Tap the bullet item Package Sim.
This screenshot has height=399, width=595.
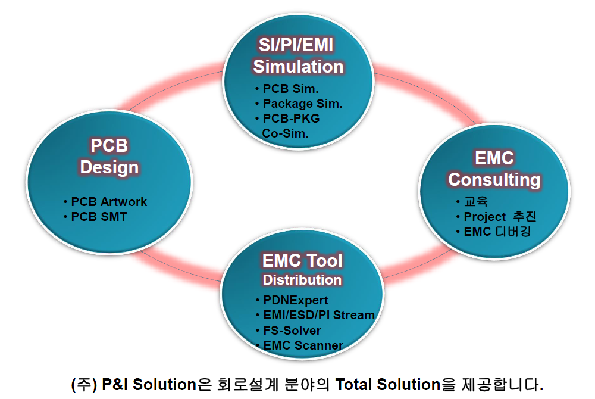(302, 104)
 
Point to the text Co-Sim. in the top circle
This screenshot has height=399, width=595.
(285, 133)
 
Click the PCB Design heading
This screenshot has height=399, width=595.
(109, 157)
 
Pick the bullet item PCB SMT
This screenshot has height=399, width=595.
(99, 217)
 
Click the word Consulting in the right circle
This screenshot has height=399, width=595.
(494, 179)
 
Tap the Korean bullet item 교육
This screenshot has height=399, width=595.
(476, 202)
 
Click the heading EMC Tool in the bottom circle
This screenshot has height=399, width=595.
(302, 261)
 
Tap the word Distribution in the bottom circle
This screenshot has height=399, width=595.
(302, 279)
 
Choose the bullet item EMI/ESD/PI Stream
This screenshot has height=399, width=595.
(319, 315)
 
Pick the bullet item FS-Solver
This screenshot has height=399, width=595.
(292, 331)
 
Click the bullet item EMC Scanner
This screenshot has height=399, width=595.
(303, 345)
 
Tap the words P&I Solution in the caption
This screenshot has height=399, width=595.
(149, 384)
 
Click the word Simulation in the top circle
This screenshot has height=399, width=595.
(298, 66)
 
